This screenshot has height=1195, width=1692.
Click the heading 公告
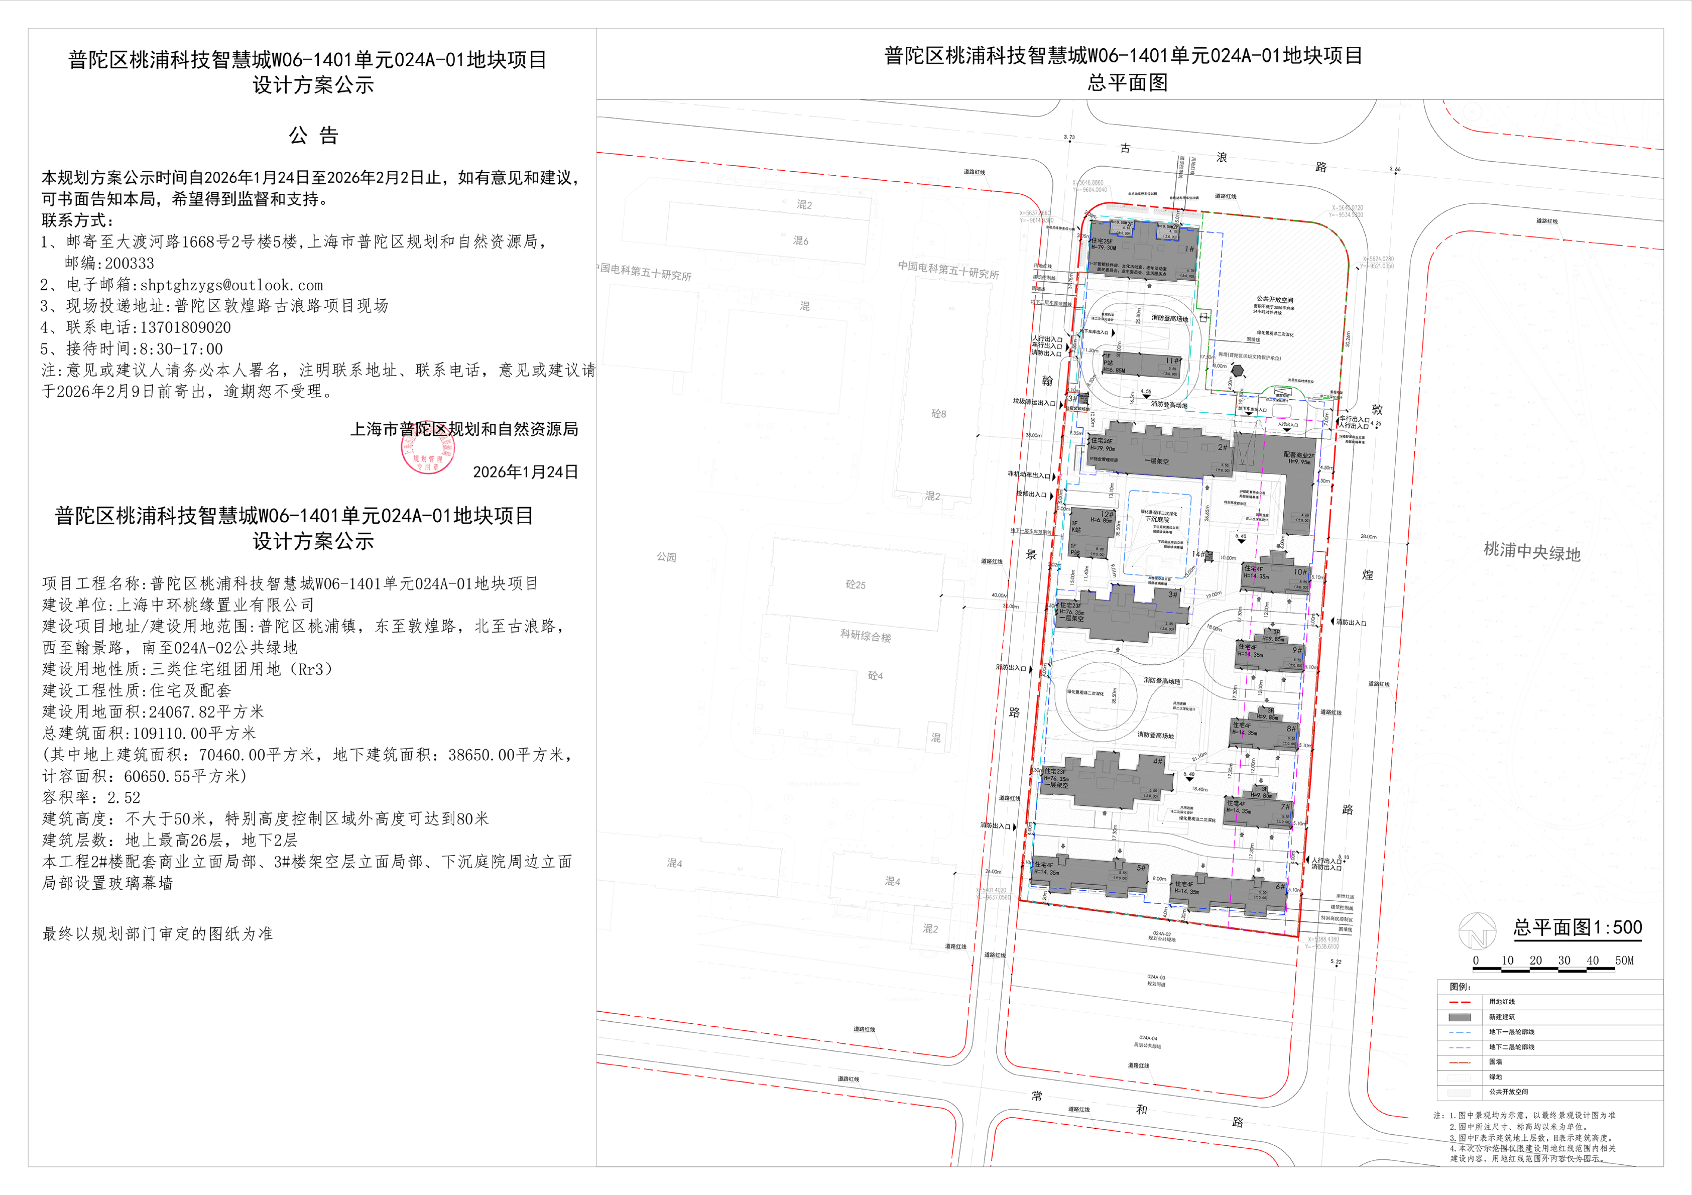tap(313, 136)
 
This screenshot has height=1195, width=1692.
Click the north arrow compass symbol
tap(1477, 930)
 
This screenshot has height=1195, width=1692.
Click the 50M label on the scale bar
tap(1624, 961)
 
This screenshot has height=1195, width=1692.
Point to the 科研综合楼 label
tap(866, 636)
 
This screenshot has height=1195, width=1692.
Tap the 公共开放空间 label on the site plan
tap(1275, 300)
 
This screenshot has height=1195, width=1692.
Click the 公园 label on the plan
tap(666, 557)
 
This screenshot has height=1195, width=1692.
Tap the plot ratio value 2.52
tap(124, 797)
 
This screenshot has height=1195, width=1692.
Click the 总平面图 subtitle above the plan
tap(1128, 82)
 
